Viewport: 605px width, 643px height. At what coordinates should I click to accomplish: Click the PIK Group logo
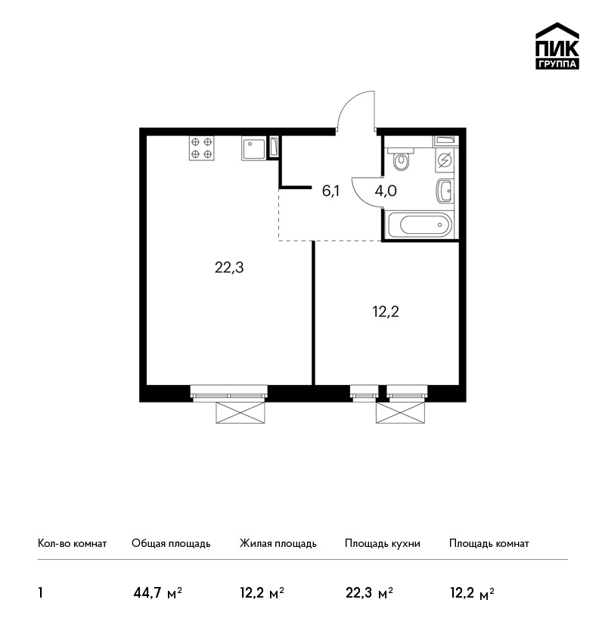(x=557, y=46)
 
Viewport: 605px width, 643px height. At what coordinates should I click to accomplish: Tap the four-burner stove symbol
(x=202, y=148)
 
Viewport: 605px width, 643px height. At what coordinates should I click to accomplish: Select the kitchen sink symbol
(x=253, y=148)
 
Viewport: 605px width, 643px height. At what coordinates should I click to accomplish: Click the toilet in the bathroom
(x=401, y=159)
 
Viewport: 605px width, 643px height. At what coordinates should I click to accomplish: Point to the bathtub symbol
(x=420, y=225)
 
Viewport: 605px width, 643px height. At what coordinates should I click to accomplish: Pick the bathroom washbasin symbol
(x=445, y=191)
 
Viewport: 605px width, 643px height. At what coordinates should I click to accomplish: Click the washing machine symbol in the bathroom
(x=445, y=160)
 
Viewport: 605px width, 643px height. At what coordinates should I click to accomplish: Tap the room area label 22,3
(x=229, y=267)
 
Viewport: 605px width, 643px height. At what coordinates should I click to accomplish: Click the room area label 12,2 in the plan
(x=386, y=312)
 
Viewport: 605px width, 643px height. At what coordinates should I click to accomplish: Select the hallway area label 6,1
(x=330, y=191)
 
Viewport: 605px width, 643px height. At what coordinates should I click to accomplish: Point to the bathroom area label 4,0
(x=386, y=191)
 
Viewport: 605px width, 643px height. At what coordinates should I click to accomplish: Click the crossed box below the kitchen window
(x=240, y=412)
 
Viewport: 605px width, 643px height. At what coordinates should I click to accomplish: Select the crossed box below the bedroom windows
(x=401, y=412)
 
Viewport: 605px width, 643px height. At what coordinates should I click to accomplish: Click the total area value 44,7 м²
(x=158, y=593)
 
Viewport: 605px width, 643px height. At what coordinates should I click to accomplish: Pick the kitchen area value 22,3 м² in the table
(x=369, y=593)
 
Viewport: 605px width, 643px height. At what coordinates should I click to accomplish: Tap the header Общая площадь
(x=171, y=543)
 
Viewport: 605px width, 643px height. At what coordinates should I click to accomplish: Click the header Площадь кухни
(x=383, y=543)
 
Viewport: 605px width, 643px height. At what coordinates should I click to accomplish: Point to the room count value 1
(x=40, y=593)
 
